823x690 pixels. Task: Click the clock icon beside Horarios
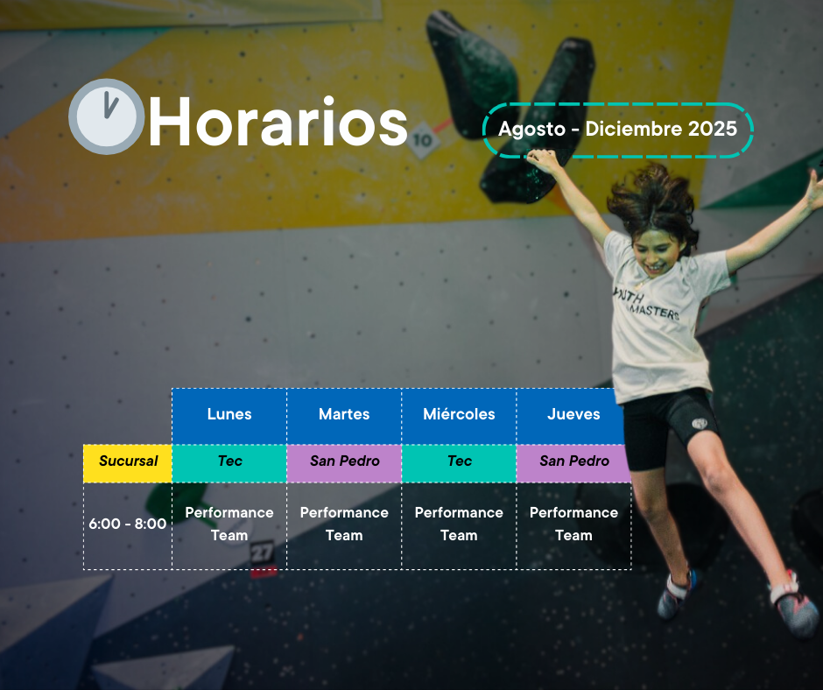tap(107, 116)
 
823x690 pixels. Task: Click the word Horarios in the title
tap(278, 122)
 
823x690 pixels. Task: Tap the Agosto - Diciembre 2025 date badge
tap(618, 130)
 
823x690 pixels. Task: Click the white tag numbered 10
tap(423, 140)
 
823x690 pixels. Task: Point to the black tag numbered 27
tap(263, 553)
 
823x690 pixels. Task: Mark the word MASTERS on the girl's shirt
tap(655, 311)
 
